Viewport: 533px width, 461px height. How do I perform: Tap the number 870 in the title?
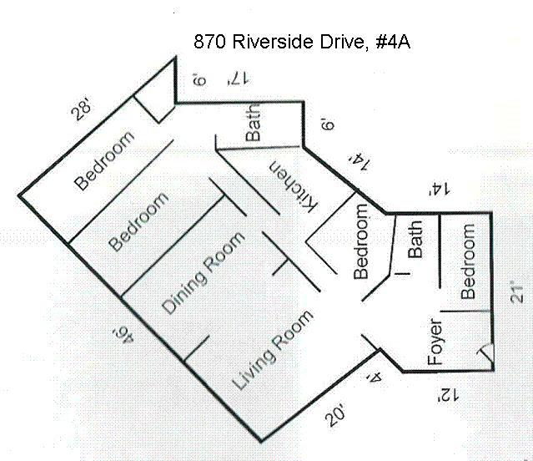pyautogui.click(x=209, y=41)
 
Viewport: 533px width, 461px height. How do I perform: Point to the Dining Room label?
pyautogui.click(x=204, y=273)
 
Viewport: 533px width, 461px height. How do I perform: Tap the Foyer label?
pyautogui.click(x=435, y=342)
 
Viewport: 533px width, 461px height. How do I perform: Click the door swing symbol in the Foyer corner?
pyautogui.click(x=484, y=358)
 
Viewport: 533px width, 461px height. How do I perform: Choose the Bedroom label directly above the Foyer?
pyautogui.click(x=468, y=261)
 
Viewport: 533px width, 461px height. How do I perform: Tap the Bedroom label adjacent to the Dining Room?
pyautogui.click(x=139, y=220)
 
